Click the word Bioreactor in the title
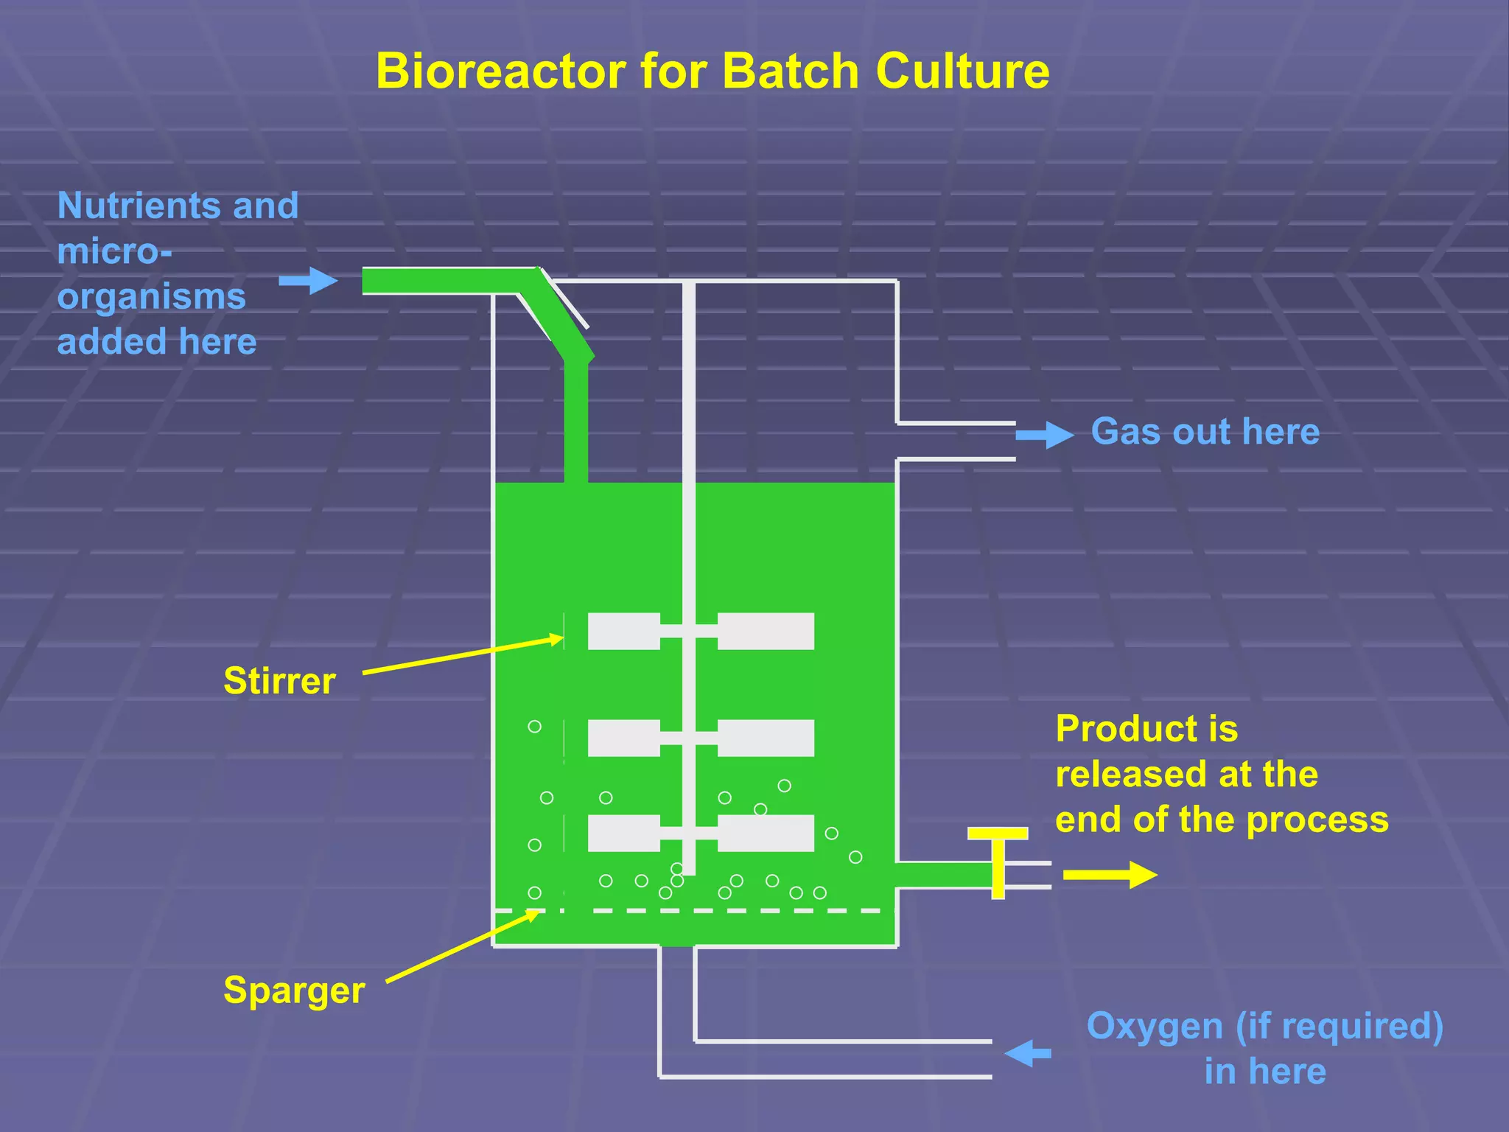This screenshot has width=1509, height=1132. click(x=500, y=71)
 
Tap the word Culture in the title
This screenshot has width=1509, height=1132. click(x=962, y=71)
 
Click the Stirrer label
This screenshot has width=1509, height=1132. click(x=279, y=680)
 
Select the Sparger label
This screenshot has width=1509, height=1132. click(x=294, y=990)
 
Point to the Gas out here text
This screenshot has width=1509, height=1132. click(x=1205, y=431)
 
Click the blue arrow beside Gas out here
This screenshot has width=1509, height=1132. click(x=1044, y=435)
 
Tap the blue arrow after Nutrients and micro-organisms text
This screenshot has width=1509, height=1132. click(x=308, y=281)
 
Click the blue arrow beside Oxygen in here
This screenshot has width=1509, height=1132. click(x=1027, y=1053)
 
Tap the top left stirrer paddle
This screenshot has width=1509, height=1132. click(x=623, y=631)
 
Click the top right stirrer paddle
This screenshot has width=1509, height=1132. click(x=766, y=631)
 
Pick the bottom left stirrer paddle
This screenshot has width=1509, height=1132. click(x=623, y=833)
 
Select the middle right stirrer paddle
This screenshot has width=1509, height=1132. click(x=766, y=738)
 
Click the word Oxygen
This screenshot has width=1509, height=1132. click(x=1155, y=1026)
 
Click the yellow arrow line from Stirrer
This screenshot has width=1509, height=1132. click(x=463, y=655)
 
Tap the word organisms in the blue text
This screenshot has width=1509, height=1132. click(x=151, y=297)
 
